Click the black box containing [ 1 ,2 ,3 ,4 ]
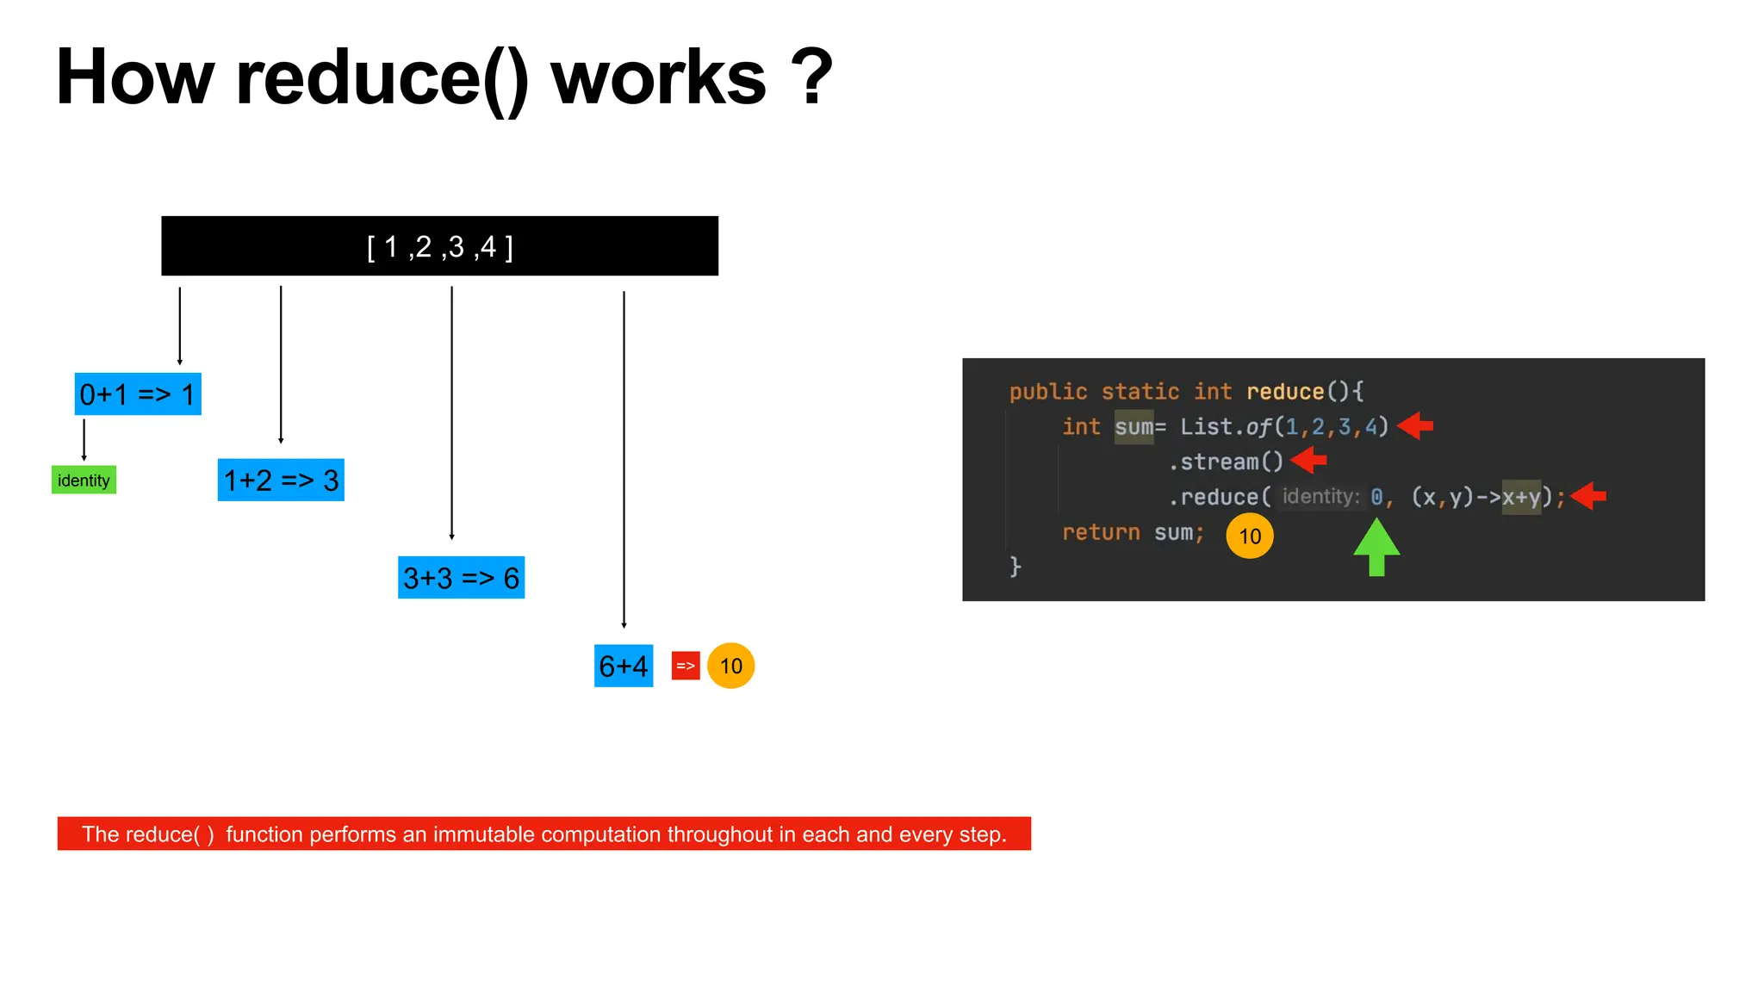pos(439,246)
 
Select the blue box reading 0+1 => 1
pos(138,394)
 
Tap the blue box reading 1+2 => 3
pos(281,480)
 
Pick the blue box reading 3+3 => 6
pos(461,578)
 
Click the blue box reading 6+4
pos(624,666)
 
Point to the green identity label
pos(84,480)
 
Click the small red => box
pos(686,666)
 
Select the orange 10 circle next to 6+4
pos(730,666)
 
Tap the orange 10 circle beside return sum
pos(1250,536)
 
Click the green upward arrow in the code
pos(1376,548)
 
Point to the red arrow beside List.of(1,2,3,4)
pos(1415,425)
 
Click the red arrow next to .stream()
pos(1309,461)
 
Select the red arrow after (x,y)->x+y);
pos(1588,496)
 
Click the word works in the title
pos(658,77)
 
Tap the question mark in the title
pos(812,77)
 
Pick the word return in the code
pos(1101,533)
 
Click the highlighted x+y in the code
pos(1521,497)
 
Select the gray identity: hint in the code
pos(1320,497)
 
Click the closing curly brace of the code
pos(1016,567)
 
